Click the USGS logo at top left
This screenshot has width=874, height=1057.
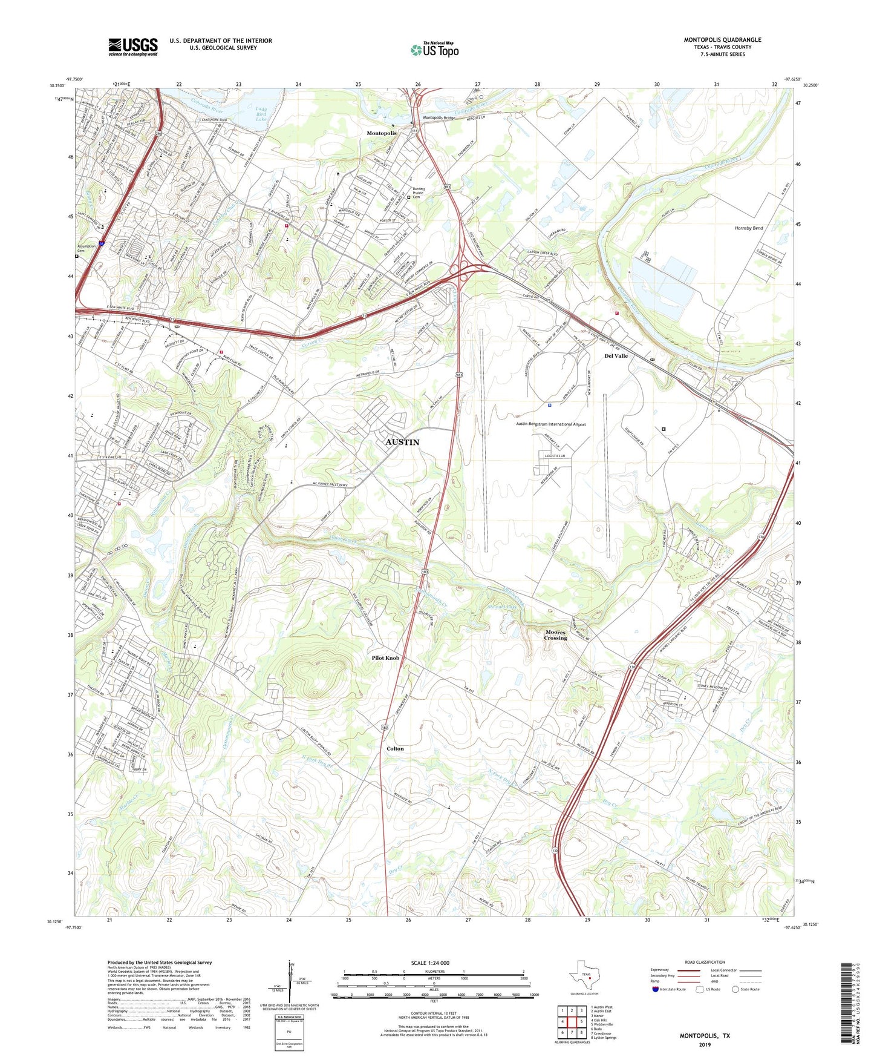132,47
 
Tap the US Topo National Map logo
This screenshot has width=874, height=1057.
434,50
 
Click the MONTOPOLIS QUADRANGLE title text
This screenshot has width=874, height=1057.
722,40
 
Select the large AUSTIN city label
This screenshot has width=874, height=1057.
402,443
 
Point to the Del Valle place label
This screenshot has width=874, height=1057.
616,356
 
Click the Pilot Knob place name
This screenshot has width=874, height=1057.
385,658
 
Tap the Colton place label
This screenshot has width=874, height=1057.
395,749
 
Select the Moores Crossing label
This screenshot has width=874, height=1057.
555,635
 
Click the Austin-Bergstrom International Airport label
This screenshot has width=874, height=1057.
550,424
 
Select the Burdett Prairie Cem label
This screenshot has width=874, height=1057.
423,193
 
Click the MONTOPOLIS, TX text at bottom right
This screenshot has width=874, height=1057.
705,1036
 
